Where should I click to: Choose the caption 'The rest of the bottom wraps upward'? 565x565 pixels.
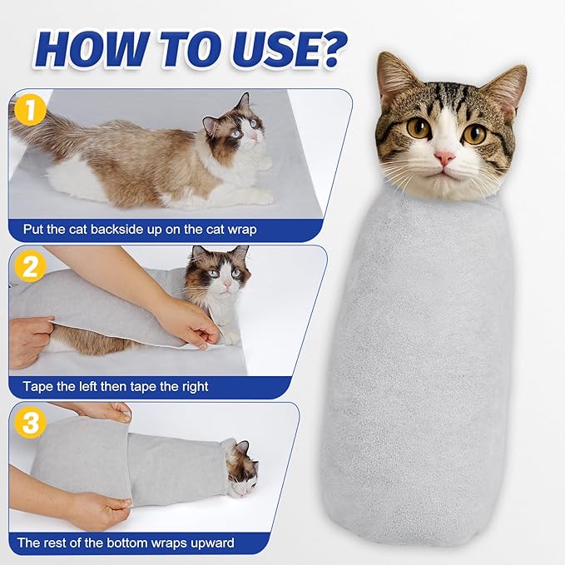(126, 543)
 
